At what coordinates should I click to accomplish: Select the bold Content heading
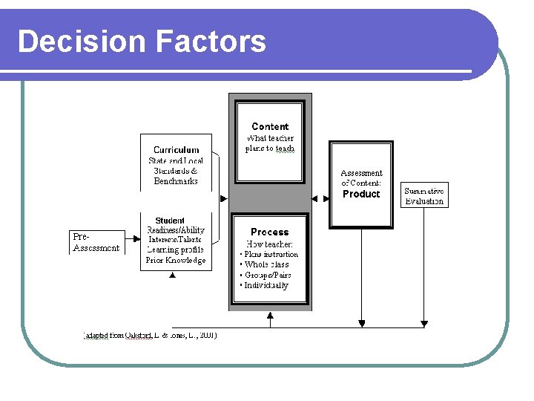tap(270, 127)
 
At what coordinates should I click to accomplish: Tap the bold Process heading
tap(270, 232)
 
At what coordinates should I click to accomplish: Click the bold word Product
tap(361, 194)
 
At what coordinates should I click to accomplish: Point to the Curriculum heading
tap(176, 150)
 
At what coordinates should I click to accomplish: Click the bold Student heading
tap(171, 221)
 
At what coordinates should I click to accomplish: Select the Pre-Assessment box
tap(96, 242)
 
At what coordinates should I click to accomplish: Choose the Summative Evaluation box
tap(424, 195)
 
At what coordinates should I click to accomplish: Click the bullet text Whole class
tap(266, 264)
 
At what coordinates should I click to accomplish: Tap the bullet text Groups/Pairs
tap(266, 275)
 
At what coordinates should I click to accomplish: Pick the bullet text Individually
tap(266, 285)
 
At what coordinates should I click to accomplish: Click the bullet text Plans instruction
tap(271, 254)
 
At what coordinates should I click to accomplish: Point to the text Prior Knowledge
tap(176, 261)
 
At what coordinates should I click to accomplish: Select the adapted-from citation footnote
tap(149, 336)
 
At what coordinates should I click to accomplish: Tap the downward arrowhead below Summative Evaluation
tap(424, 323)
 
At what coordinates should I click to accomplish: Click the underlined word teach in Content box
tap(285, 149)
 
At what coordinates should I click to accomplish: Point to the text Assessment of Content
tap(361, 177)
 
